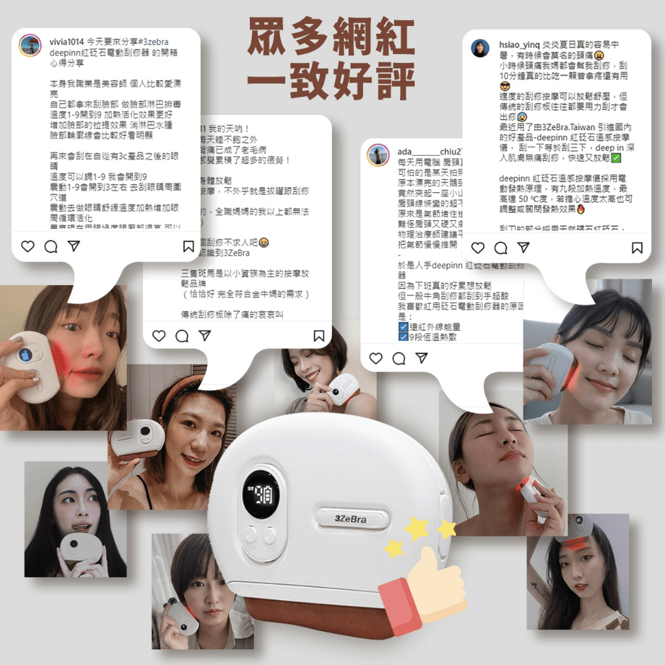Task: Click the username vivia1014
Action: coord(66,41)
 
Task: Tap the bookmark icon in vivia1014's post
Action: coord(188,247)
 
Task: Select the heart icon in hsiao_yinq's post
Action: coord(477,247)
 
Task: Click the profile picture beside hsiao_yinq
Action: coord(481,48)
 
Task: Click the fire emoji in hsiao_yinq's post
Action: coord(581,210)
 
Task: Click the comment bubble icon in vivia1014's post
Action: coord(51,247)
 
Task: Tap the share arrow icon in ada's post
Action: coord(421,358)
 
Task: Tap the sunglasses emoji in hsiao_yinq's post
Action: coord(505,86)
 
